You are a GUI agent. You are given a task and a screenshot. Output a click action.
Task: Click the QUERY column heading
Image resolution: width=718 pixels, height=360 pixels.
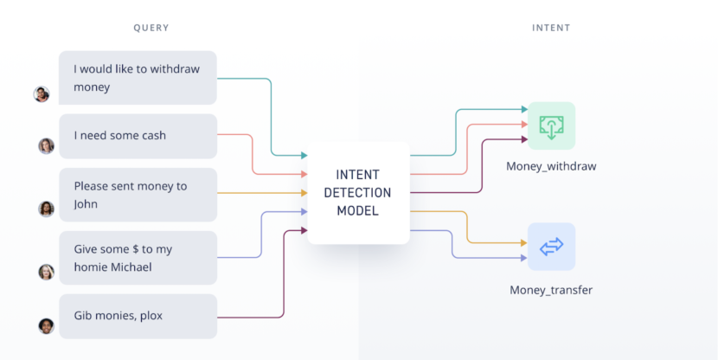click(x=151, y=28)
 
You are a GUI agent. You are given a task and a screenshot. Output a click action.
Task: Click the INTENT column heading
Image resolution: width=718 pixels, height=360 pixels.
click(x=551, y=28)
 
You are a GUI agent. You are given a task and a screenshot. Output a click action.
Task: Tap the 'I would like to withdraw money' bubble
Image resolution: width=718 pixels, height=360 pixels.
click(x=138, y=78)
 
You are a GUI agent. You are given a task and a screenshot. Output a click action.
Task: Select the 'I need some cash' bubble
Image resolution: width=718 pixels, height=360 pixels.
click(x=138, y=136)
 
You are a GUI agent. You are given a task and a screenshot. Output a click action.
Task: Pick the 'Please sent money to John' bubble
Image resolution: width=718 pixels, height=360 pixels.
click(x=138, y=195)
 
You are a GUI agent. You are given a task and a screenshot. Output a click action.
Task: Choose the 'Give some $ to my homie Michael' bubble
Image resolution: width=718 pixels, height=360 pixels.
click(x=138, y=258)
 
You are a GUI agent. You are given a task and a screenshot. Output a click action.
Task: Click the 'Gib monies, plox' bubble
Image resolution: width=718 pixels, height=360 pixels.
click(x=138, y=316)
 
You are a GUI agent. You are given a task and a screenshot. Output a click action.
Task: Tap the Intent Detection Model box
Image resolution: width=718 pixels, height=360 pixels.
click(x=357, y=193)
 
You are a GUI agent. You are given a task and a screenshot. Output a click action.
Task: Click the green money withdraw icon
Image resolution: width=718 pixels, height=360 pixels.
click(x=551, y=125)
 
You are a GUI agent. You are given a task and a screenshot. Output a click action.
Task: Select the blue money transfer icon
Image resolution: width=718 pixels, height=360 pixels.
click(x=551, y=247)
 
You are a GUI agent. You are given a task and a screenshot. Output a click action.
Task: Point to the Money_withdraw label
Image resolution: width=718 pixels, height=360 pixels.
click(x=551, y=166)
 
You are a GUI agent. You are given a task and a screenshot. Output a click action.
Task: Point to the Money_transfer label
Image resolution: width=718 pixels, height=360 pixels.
click(x=551, y=290)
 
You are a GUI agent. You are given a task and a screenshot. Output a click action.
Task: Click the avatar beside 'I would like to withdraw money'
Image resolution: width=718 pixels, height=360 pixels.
click(x=42, y=94)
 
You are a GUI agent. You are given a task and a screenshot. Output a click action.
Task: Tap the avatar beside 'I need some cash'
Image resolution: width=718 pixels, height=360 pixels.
click(x=46, y=146)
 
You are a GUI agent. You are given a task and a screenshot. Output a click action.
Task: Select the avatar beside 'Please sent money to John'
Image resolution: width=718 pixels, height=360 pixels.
click(x=46, y=209)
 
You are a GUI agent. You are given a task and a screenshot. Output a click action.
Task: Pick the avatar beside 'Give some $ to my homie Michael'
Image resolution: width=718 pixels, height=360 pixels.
click(x=46, y=272)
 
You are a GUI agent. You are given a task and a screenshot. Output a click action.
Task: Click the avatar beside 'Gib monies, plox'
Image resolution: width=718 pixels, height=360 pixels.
click(x=46, y=326)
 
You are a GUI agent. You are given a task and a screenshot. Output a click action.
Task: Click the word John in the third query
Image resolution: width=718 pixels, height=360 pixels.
click(x=86, y=204)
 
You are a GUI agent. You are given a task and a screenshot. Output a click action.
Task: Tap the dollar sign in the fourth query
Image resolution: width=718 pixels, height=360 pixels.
click(x=136, y=249)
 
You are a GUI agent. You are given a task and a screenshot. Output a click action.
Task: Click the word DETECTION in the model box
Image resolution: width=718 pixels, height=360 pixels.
click(x=357, y=193)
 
